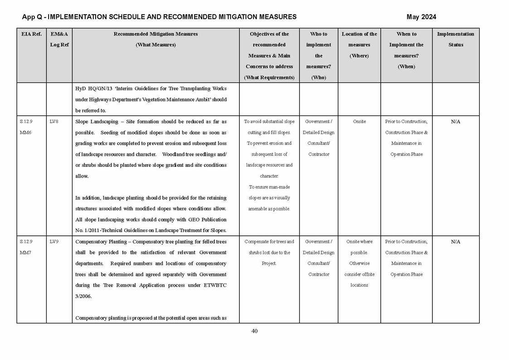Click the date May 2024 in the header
421,17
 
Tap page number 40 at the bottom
254,331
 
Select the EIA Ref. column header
31,34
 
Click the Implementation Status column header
456,39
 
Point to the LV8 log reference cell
54,122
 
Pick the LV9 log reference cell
54,242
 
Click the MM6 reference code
26,132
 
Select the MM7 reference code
26,253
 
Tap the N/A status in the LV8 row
456,122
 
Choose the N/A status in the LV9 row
456,242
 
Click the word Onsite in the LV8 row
359,122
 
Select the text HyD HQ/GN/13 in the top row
92,88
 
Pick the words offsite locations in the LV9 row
359,279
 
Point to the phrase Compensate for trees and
269,242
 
